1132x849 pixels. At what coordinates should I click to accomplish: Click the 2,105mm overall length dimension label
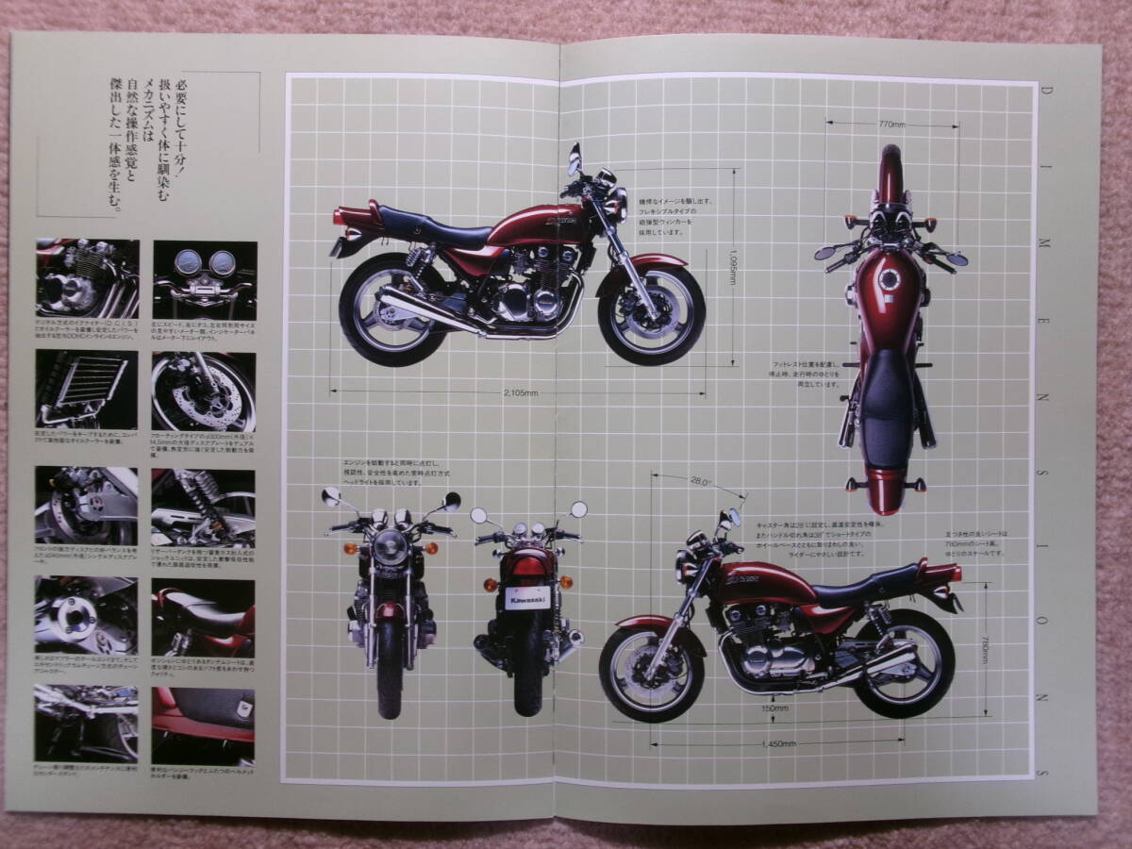(x=519, y=391)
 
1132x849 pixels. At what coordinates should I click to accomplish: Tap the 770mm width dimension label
(x=891, y=124)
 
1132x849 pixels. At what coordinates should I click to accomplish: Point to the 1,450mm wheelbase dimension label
(x=779, y=744)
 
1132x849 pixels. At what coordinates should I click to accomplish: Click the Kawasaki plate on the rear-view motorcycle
(x=525, y=598)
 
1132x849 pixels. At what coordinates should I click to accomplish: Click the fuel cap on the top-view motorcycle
(x=889, y=281)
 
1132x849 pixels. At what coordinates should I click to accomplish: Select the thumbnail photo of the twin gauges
(x=204, y=279)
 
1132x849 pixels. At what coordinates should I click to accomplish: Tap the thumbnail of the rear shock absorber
(x=204, y=507)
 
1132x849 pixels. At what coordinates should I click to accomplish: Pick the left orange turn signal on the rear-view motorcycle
(x=491, y=585)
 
